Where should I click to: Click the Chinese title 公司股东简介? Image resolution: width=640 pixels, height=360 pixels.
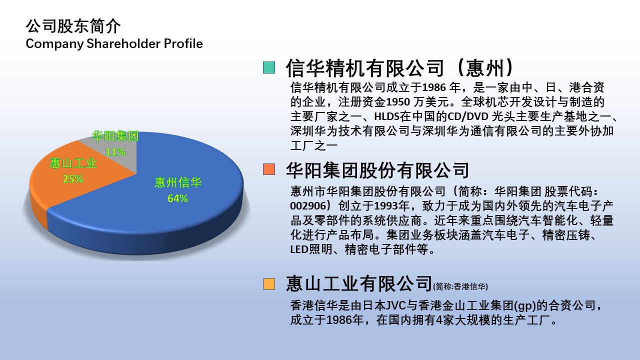(x=73, y=26)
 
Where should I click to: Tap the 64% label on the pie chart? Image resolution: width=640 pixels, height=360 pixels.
(x=177, y=198)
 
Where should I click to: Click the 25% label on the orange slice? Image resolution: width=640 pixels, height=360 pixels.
(x=73, y=179)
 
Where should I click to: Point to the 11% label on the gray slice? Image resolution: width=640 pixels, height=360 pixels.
(x=115, y=152)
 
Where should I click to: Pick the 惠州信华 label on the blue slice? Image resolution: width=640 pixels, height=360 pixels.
(x=178, y=182)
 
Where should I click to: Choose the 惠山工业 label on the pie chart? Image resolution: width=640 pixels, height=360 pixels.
(x=73, y=163)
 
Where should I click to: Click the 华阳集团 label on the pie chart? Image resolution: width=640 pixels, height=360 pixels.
(x=115, y=136)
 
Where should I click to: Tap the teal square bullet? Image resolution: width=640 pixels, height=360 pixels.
(x=269, y=67)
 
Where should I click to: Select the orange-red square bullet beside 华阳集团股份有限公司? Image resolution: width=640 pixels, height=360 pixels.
(x=269, y=169)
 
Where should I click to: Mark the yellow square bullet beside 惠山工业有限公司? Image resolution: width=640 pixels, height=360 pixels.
(x=269, y=284)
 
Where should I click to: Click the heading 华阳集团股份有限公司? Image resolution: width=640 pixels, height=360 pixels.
(x=377, y=170)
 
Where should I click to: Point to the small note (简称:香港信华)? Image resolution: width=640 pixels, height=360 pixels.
(x=460, y=286)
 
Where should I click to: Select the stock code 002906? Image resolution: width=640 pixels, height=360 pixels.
(x=308, y=205)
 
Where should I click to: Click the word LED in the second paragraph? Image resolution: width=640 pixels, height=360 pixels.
(x=299, y=249)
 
